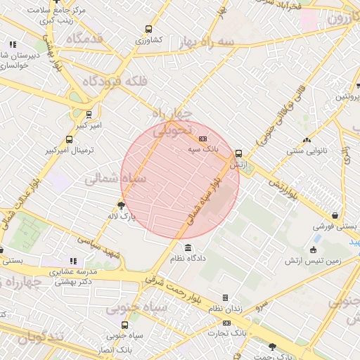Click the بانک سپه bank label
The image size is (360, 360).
(x=204, y=150)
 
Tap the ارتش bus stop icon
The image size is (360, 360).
(x=238, y=153)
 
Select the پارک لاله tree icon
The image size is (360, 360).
(x=122, y=206)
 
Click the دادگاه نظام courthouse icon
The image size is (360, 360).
(x=188, y=247)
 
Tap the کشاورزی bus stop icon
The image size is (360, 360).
(x=148, y=30)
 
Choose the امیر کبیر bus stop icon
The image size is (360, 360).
(x=89, y=114)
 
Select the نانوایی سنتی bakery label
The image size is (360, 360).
(x=304, y=150)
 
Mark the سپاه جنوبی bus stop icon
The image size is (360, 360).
(x=124, y=325)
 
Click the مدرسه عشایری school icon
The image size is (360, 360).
(x=73, y=260)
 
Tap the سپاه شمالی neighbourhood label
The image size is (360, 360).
(x=116, y=179)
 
